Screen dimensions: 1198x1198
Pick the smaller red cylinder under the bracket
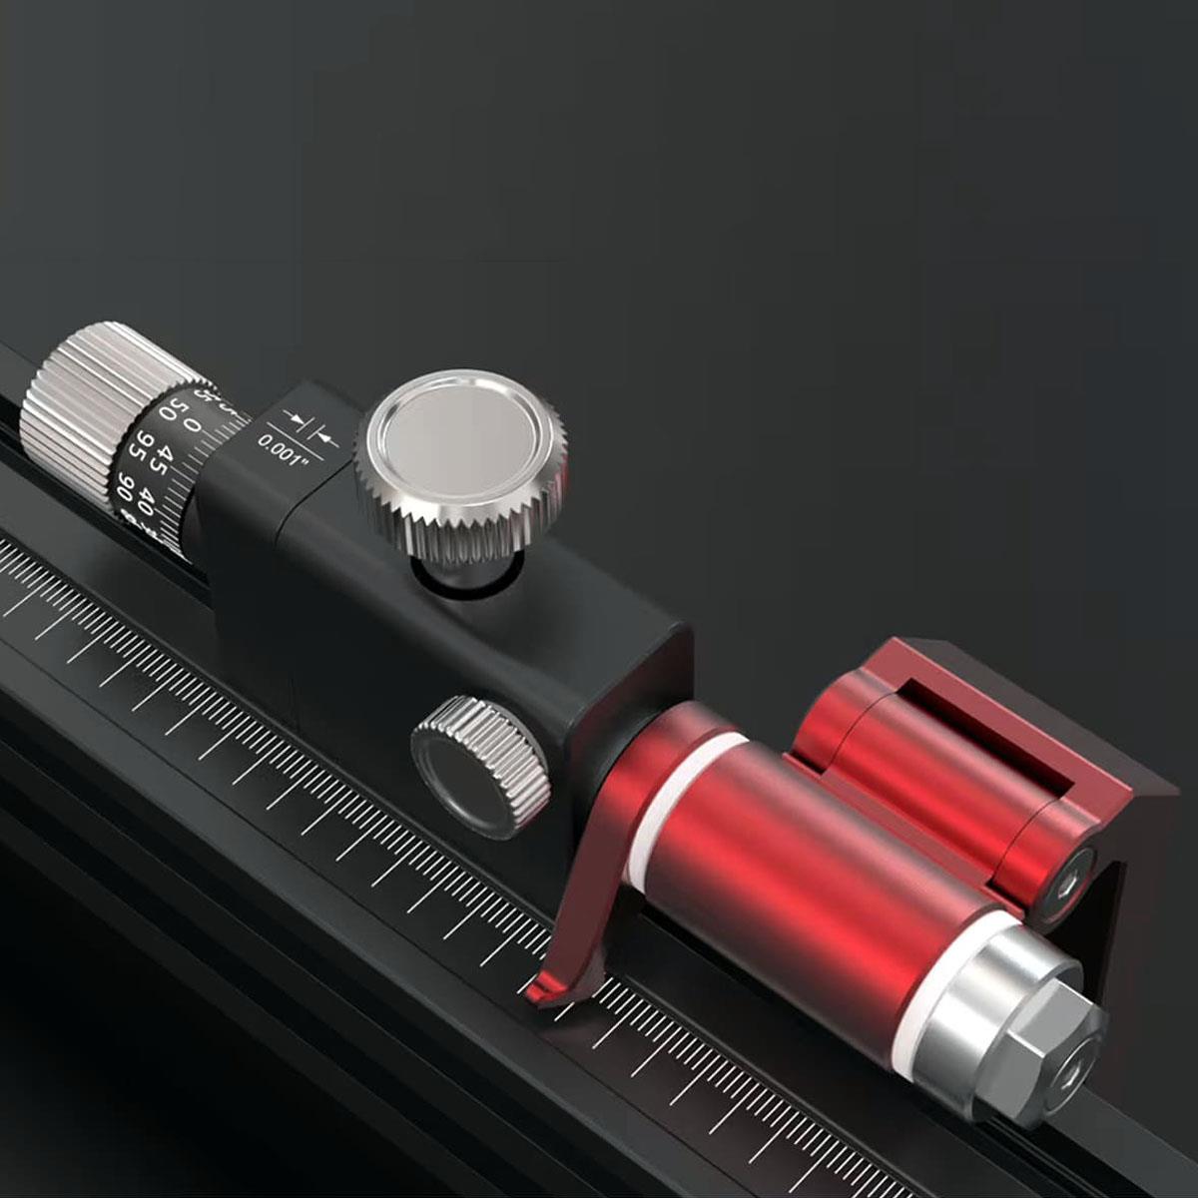(898, 759)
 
